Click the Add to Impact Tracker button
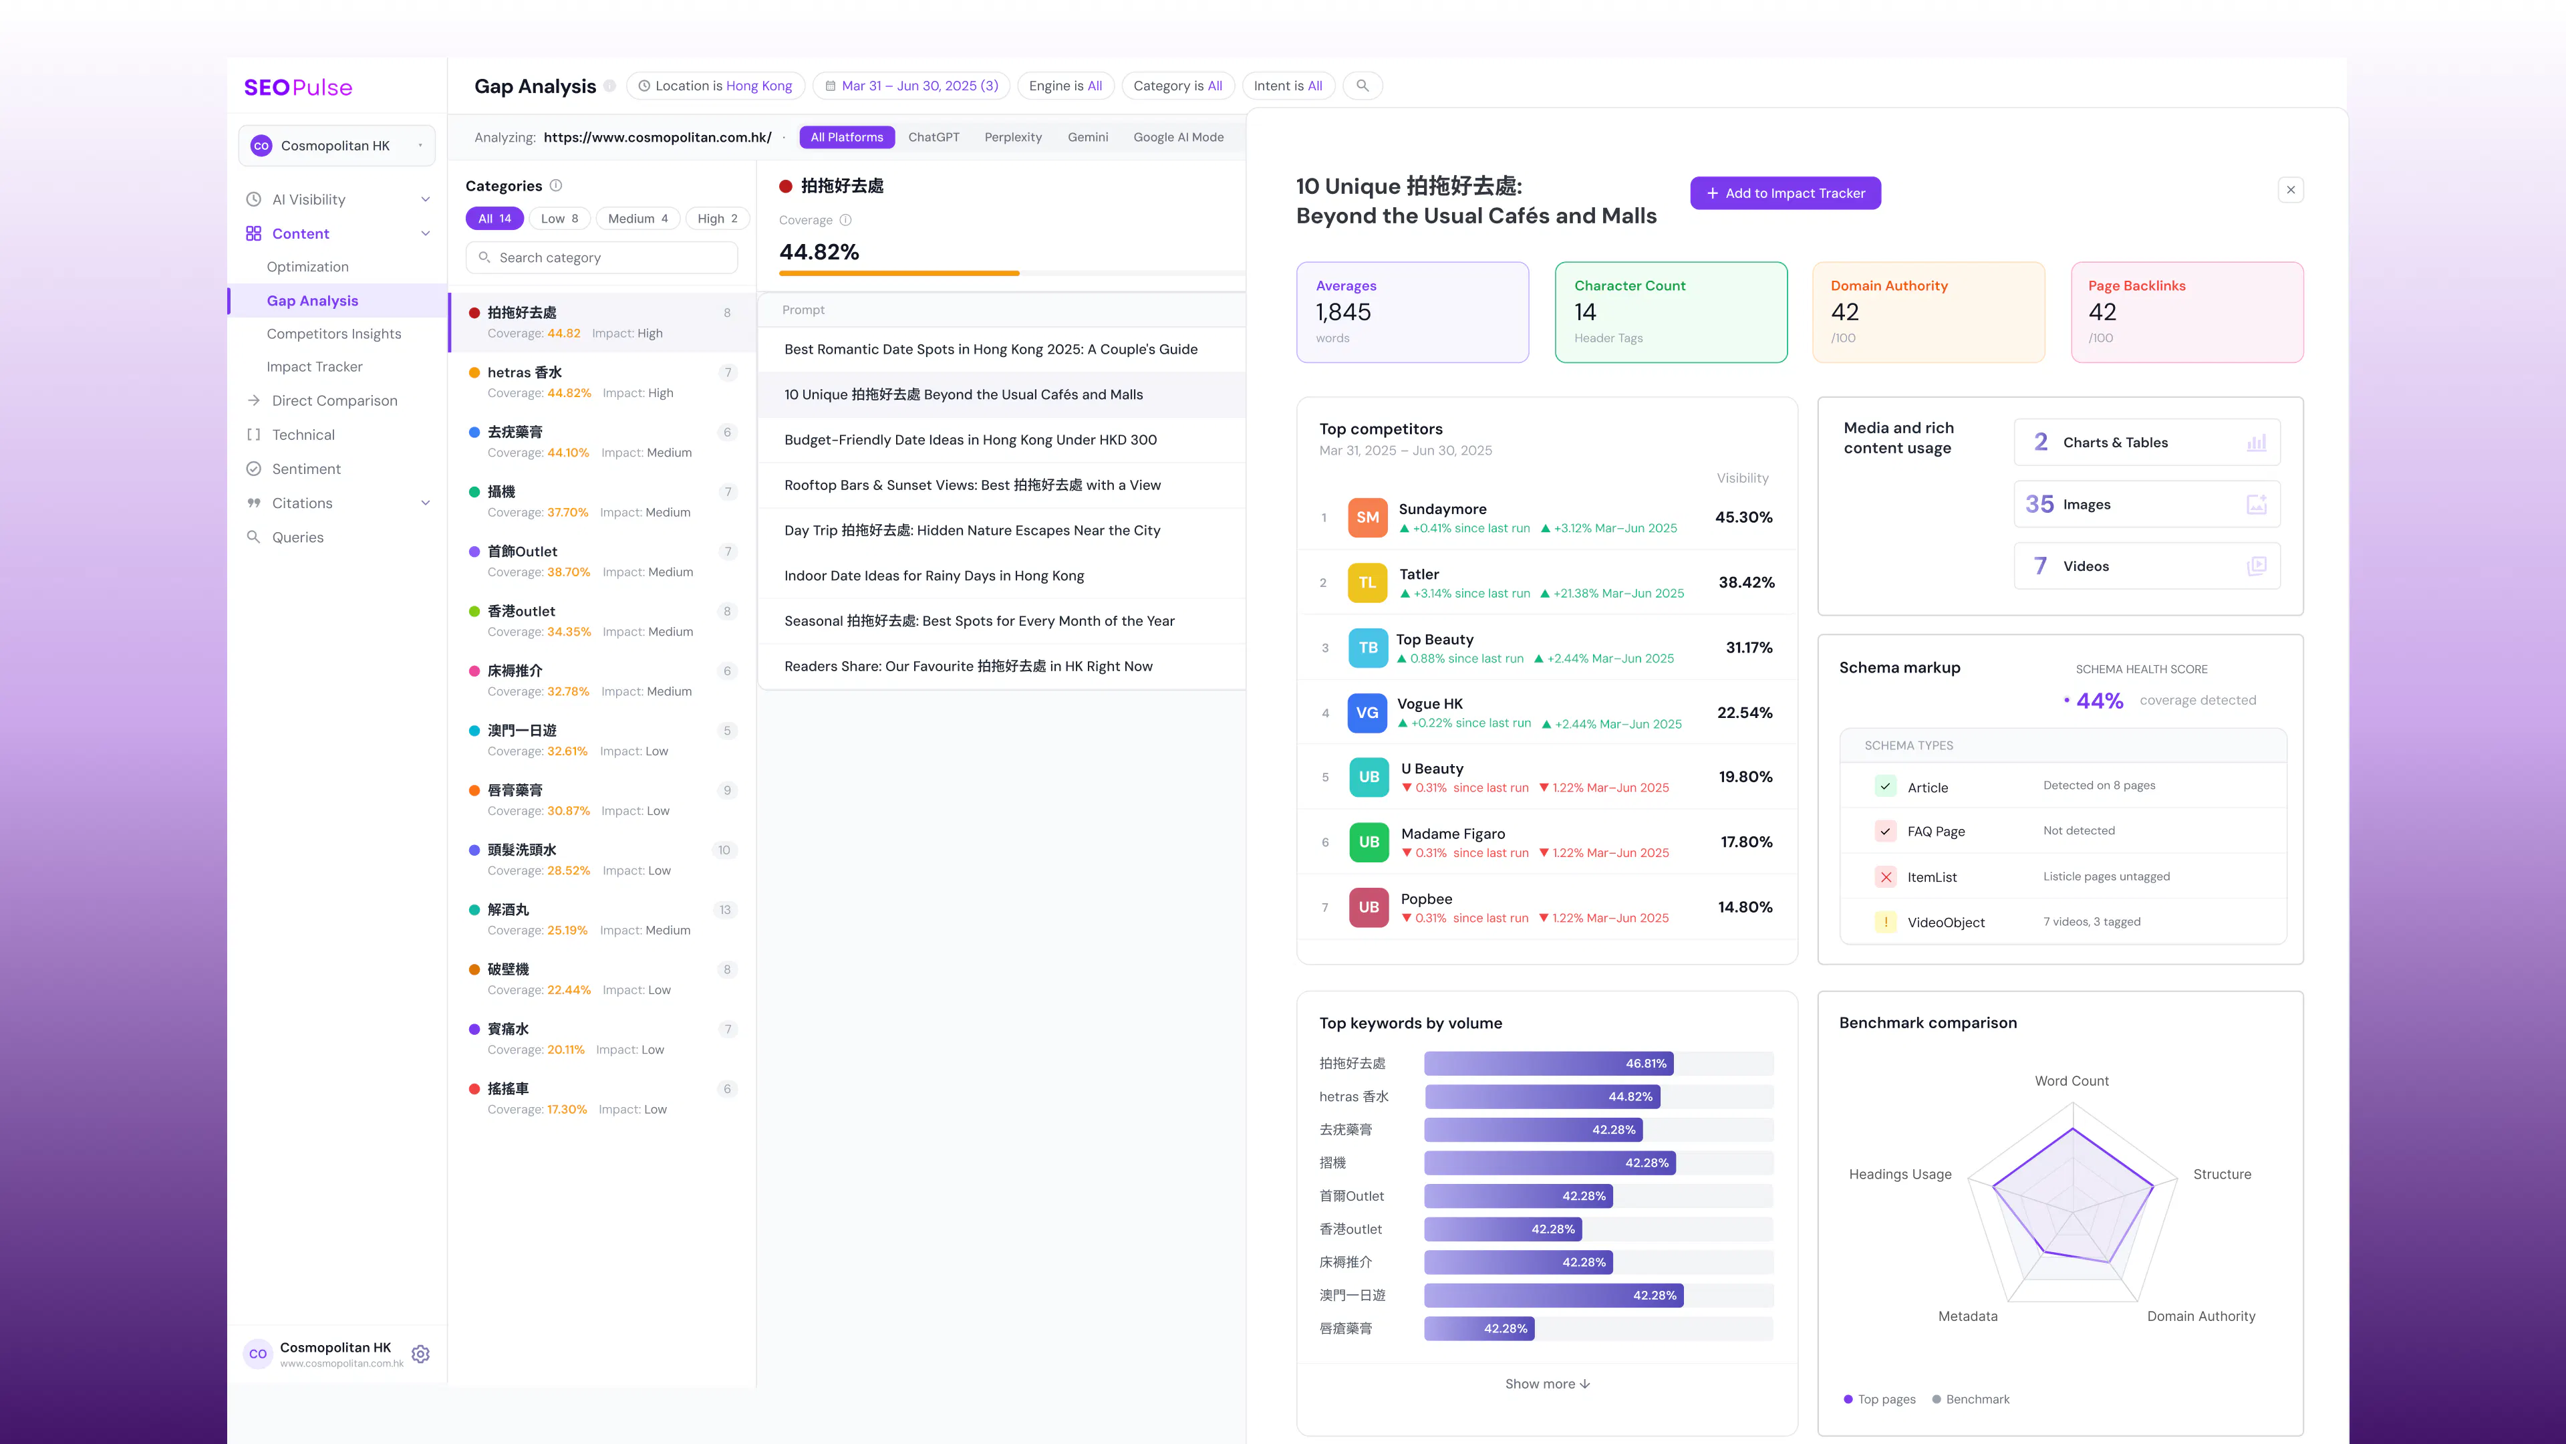(1785, 193)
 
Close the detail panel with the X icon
(2290, 189)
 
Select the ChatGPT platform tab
(934, 138)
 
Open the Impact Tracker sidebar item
(315, 367)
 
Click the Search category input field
(601, 257)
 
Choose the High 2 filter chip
(717, 218)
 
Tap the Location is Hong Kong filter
(715, 86)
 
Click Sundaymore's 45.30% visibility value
(1743, 517)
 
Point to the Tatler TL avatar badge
(1367, 583)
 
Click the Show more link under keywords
(1547, 1385)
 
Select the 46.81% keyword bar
(1548, 1064)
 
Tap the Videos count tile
(2146, 566)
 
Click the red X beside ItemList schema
(1886, 877)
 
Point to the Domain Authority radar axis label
(2200, 1316)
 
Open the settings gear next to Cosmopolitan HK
(420, 1354)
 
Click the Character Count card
(1671, 312)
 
